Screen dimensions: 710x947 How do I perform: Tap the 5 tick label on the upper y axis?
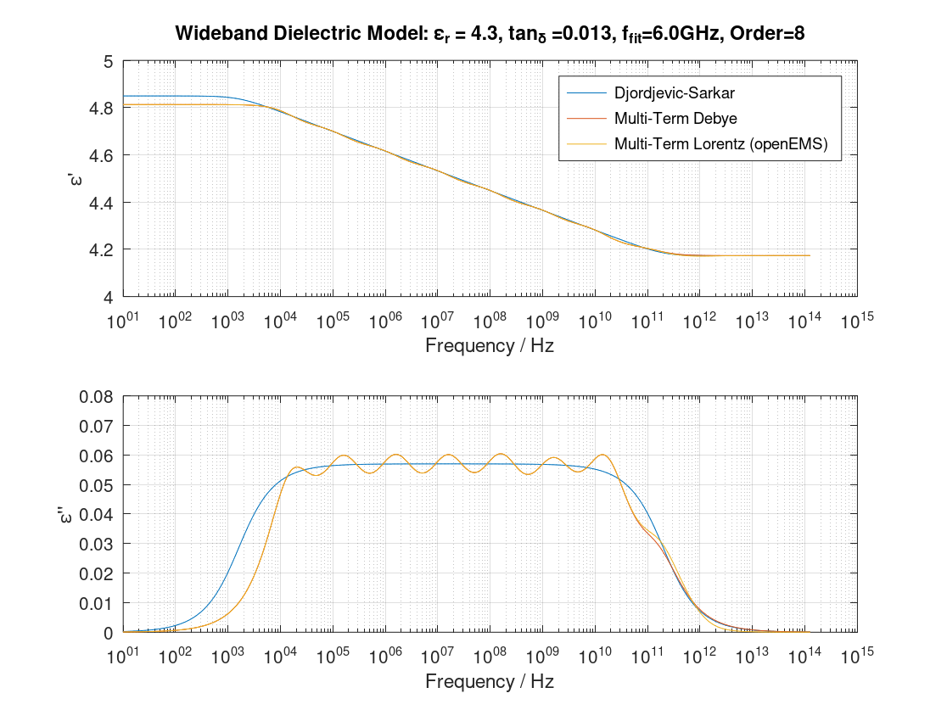point(108,62)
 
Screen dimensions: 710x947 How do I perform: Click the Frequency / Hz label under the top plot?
point(489,346)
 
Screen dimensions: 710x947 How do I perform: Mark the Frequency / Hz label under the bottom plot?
point(489,682)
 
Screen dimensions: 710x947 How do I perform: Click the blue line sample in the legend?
point(583,91)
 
